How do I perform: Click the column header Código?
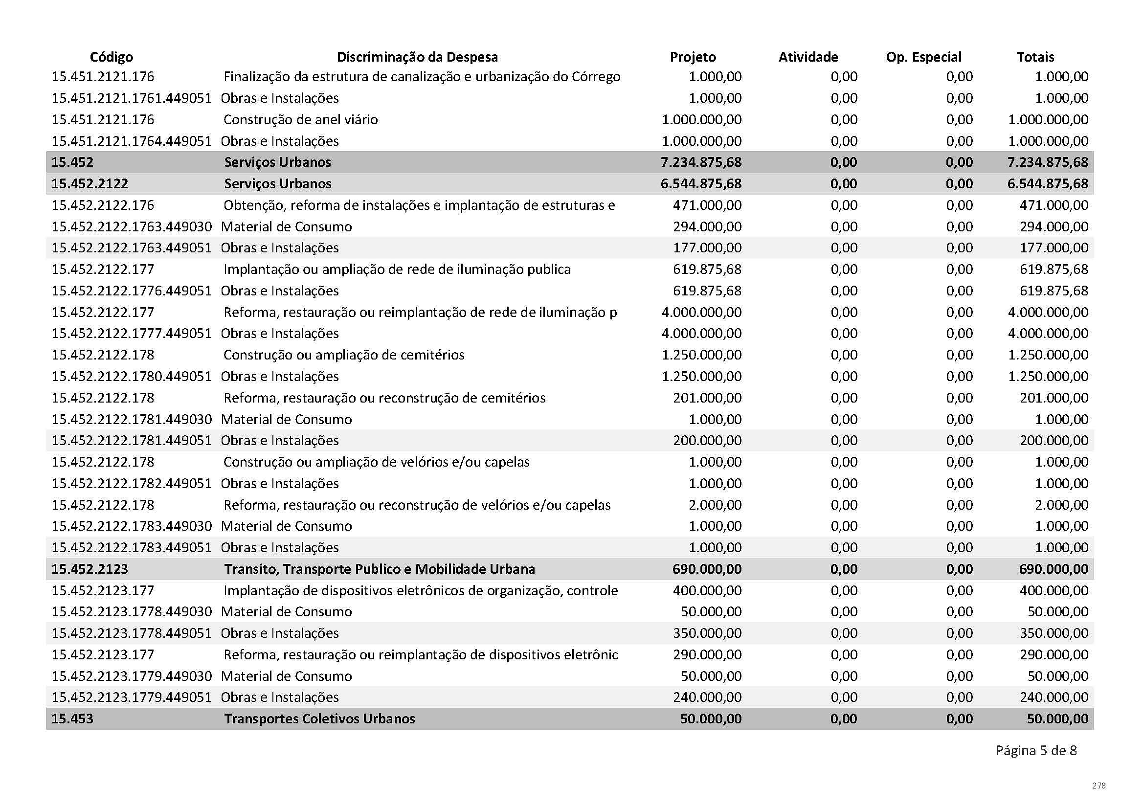pos(111,57)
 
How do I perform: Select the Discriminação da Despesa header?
pos(417,57)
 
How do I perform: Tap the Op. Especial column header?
pos(923,57)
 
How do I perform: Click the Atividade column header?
pos(808,57)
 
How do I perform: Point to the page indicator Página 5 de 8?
pos(1036,750)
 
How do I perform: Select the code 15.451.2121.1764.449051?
pos(132,141)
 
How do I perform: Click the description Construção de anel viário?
pos(300,119)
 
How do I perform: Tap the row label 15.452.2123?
pos(90,569)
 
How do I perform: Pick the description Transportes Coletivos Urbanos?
pos(319,719)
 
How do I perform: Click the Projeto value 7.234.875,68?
pos(700,162)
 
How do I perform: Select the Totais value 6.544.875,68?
pos(1047,183)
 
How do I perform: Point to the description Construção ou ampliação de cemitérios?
pos(344,355)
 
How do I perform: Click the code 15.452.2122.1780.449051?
pos(132,376)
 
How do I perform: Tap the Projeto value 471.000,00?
pos(707,205)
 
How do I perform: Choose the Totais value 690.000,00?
pos(1054,569)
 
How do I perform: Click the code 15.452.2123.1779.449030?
pos(132,676)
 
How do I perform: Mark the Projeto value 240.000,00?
pos(707,697)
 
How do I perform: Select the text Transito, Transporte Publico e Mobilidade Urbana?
pos(380,569)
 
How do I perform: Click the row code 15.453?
pos(72,719)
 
